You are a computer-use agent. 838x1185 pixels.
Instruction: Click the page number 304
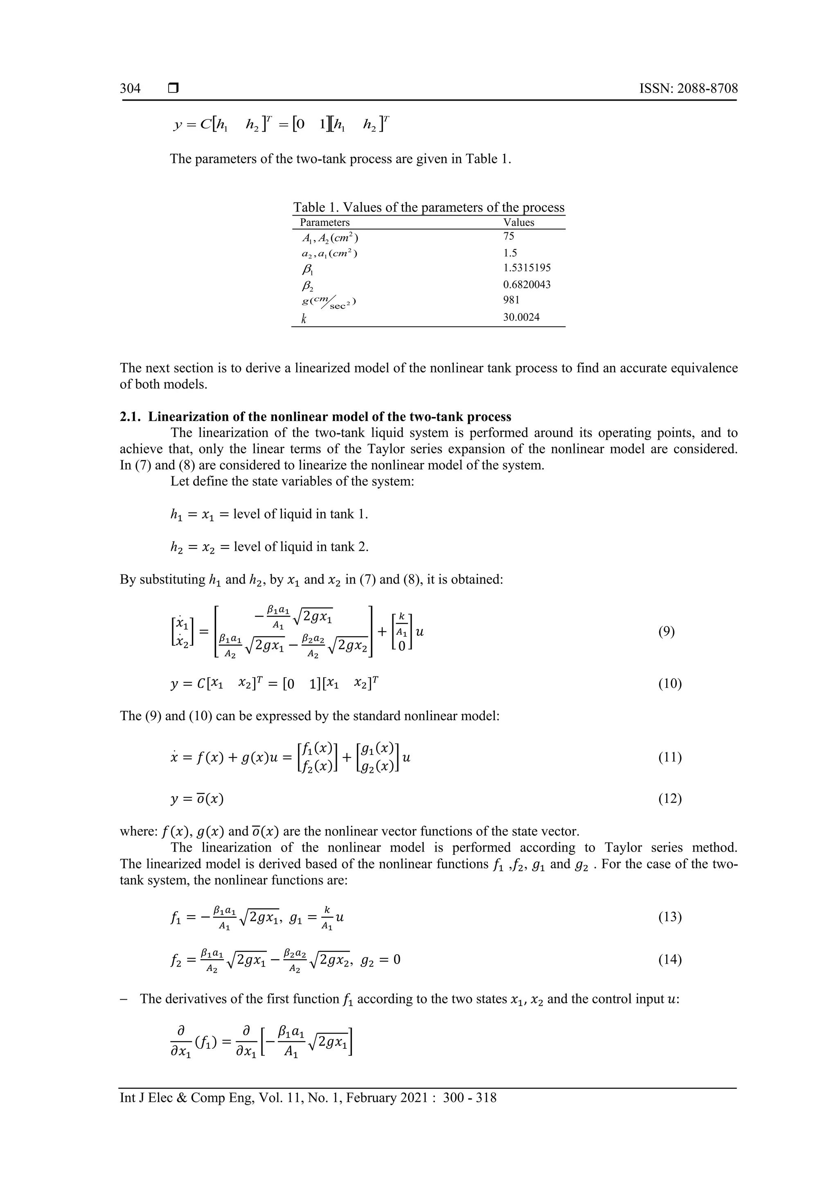tap(130, 88)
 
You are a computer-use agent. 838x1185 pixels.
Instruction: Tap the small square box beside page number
tap(173, 89)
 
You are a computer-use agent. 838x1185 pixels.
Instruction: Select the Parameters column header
tap(324, 223)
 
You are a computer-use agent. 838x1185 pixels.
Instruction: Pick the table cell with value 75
tap(509, 237)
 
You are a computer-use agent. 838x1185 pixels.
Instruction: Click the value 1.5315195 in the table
tap(527, 268)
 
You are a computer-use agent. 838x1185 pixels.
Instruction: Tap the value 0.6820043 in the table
tap(527, 284)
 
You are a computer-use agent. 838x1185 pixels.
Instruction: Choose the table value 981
tap(511, 300)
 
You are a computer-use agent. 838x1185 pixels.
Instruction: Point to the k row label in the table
tap(304, 319)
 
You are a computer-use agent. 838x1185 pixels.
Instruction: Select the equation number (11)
tap(670, 758)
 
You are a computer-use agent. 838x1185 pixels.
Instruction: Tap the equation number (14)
tap(670, 960)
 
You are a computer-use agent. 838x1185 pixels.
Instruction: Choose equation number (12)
tap(670, 799)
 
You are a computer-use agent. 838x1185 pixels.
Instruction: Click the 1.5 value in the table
tap(510, 253)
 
